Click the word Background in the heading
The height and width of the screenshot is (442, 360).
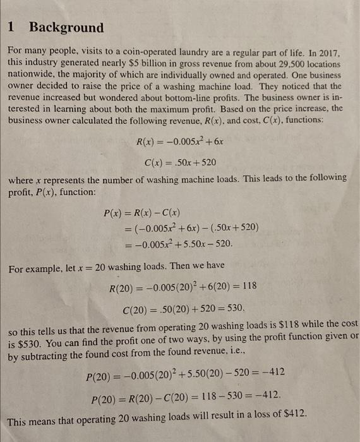coord(66,27)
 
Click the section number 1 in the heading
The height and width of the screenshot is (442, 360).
coord(12,27)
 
